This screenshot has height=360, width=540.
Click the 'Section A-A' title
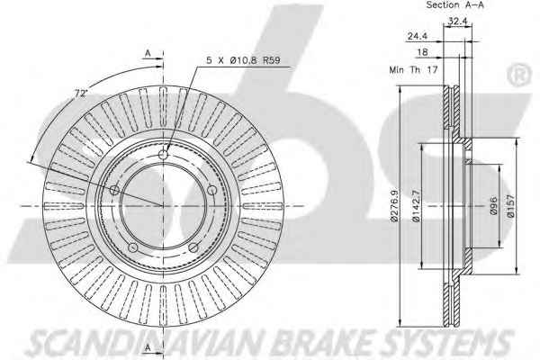(454, 4)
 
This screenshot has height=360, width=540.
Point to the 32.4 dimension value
(457, 21)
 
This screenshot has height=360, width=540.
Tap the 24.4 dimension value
(417, 36)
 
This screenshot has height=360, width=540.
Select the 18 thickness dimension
(422, 52)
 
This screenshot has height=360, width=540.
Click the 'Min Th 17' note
(413, 69)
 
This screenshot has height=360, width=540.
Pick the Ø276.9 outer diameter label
(395, 206)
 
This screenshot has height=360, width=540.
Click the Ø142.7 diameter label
(416, 206)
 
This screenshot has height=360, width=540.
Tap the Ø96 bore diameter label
(493, 206)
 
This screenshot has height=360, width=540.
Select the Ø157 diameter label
(510, 206)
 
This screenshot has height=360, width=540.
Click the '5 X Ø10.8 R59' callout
(243, 60)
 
